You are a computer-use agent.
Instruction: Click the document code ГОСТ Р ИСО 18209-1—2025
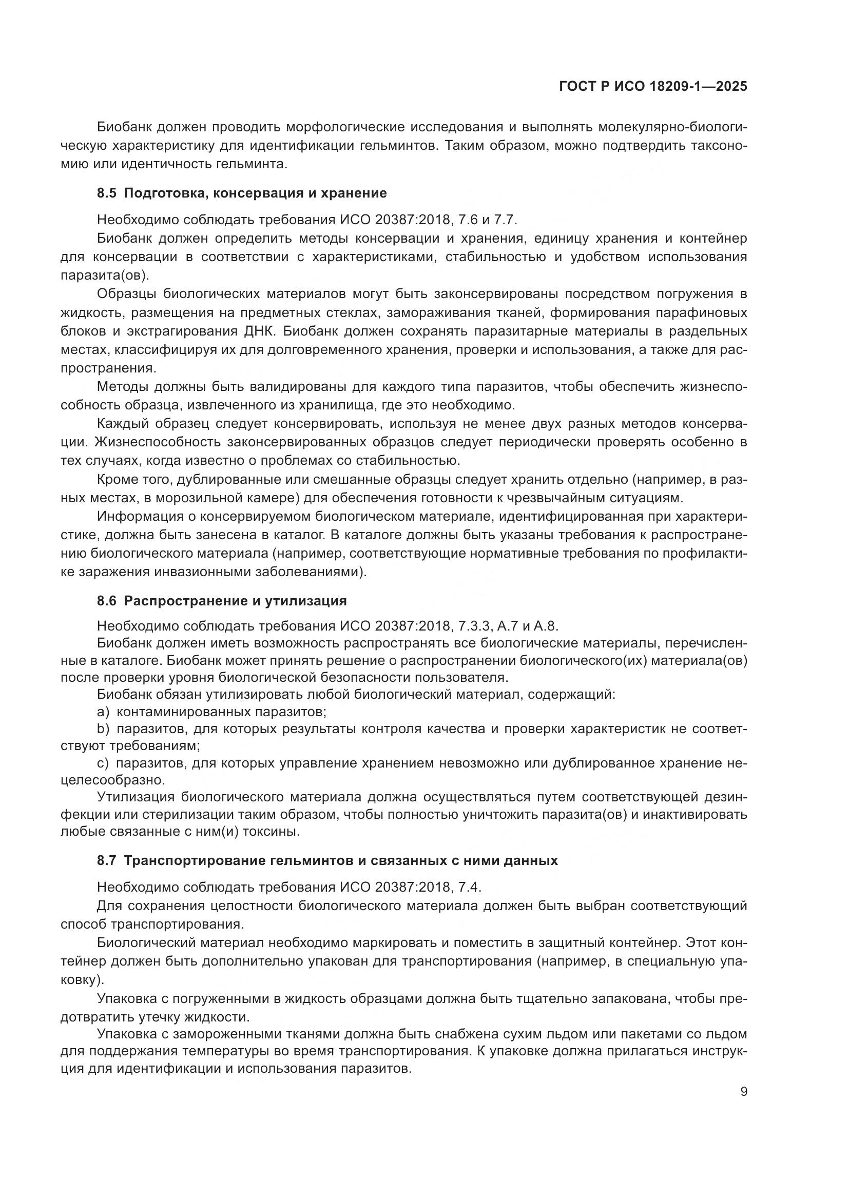(x=652, y=87)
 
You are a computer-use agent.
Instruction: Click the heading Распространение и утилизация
(x=235, y=601)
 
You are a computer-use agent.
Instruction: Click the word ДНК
(x=255, y=331)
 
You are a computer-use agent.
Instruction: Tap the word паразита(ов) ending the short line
(x=105, y=276)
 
